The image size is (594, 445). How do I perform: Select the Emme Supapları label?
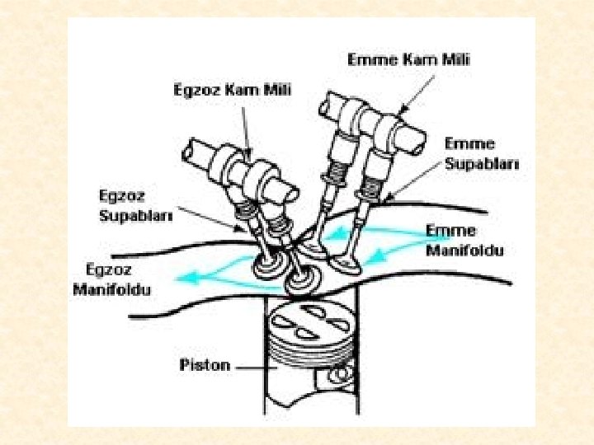[x=483, y=153]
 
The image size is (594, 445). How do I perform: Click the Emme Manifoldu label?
[x=464, y=240]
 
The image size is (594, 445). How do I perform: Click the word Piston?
[x=205, y=364]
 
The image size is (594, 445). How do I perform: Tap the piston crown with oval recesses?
[x=307, y=322]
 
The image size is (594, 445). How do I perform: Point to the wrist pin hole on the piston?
[x=337, y=376]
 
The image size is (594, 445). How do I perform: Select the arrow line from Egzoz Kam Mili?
[x=247, y=129]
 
